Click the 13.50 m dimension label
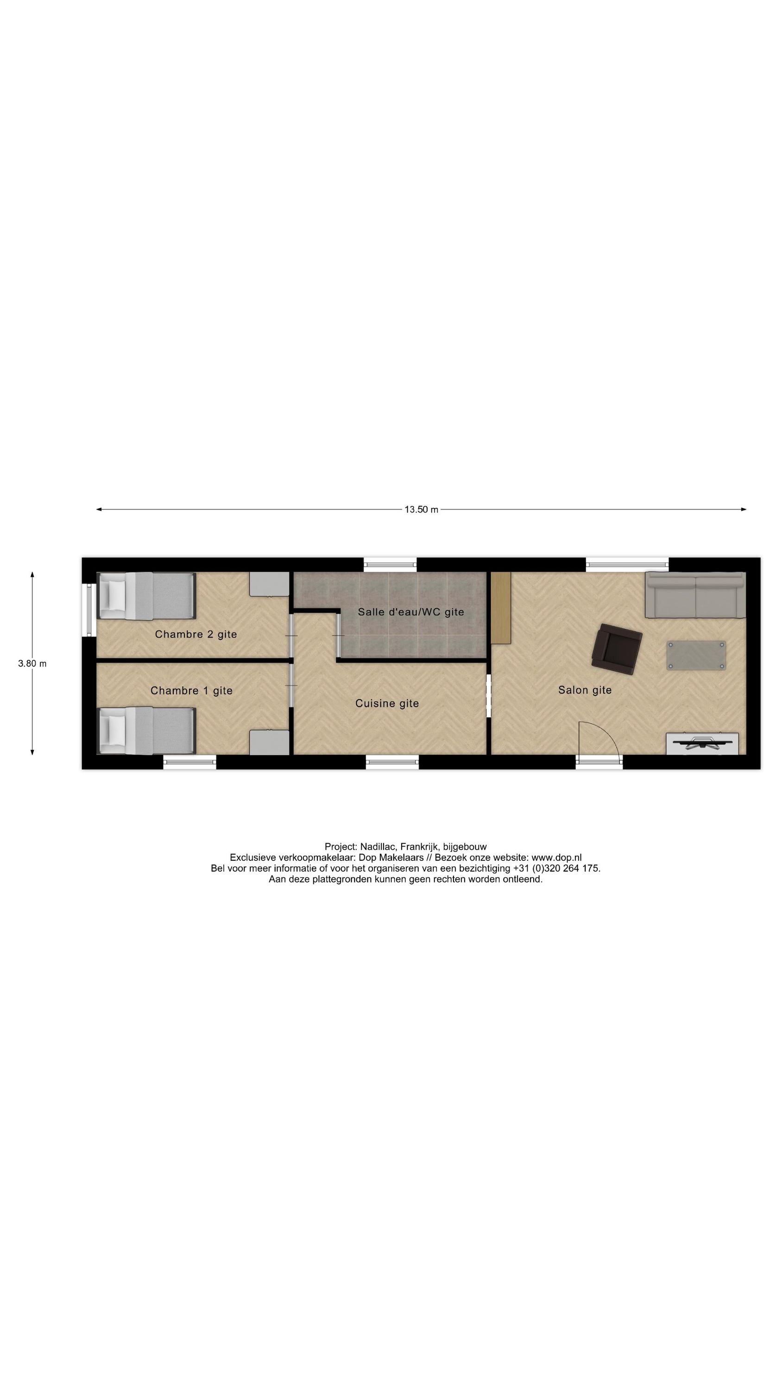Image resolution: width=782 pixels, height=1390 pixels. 421,509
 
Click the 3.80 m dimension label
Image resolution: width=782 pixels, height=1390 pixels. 32,663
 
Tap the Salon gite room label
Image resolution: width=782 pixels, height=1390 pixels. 585,689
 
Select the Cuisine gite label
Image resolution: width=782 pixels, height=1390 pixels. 387,703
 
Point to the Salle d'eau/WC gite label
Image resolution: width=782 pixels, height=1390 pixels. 411,612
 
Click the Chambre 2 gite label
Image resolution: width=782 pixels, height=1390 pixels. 196,634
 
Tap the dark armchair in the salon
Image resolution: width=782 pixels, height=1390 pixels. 616,649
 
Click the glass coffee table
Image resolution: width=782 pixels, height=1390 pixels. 696,655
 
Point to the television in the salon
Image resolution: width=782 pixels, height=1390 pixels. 701,743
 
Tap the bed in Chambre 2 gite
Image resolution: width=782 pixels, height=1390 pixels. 146,596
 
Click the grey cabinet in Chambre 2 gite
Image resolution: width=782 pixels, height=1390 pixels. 269,584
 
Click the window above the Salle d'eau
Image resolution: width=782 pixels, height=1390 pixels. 390,564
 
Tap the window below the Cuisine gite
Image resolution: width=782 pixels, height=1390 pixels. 392,761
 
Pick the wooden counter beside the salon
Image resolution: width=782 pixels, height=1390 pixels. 500,607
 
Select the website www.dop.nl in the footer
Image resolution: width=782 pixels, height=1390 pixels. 556,858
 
